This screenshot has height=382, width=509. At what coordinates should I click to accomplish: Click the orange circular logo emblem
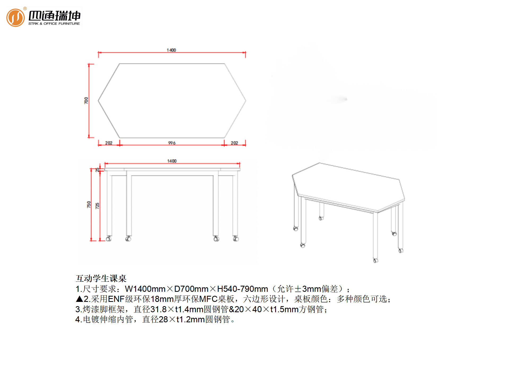point(15,18)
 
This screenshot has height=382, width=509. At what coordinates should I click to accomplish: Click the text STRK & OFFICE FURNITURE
point(54,24)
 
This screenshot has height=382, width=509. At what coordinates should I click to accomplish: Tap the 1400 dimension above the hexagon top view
point(171,50)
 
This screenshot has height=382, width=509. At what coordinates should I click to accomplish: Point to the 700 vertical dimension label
point(86,101)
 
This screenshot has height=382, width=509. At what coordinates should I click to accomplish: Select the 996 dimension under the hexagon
point(172,143)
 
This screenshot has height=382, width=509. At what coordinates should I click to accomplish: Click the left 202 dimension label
point(109,143)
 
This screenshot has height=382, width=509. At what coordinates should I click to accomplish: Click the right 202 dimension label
point(234,143)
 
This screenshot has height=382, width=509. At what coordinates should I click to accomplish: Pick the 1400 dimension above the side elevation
point(172,161)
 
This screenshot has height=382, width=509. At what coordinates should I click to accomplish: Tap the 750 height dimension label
point(89,205)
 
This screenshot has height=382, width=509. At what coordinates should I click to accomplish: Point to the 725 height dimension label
point(97,206)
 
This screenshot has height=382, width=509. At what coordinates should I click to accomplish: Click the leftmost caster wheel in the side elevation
point(108,239)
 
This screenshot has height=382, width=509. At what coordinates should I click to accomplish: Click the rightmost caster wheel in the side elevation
point(236,239)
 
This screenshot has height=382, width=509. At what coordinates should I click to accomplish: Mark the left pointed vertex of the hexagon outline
point(98,101)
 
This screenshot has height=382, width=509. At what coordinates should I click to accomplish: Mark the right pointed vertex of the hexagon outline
point(246,101)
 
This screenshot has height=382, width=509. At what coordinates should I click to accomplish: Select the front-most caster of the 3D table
point(376,261)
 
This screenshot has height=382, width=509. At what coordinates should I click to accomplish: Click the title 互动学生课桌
point(101,278)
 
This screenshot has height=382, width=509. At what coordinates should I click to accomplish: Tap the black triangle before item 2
point(80,299)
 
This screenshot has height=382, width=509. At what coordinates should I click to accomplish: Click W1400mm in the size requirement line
point(145,289)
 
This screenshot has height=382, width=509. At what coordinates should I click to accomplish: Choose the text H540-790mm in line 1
point(243,289)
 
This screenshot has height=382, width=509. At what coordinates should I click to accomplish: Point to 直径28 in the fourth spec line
point(155,319)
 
